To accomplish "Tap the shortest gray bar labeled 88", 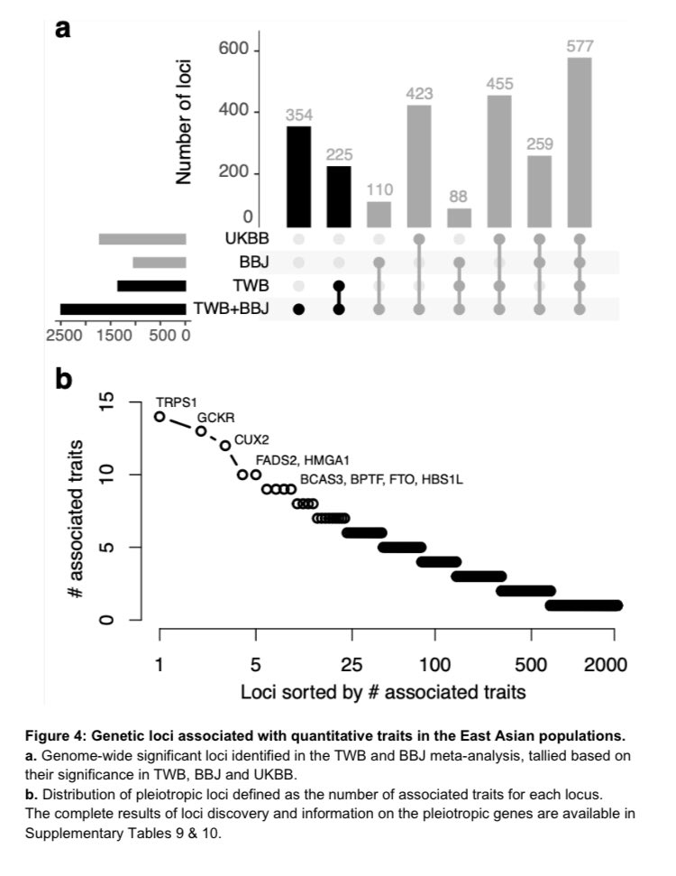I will point(460,217).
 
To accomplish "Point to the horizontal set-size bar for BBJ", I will point(160,263).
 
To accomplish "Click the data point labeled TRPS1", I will point(160,417).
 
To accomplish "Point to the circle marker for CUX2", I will point(224,446).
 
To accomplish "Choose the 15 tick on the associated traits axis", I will point(107,401).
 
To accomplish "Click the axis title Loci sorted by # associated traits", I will point(383,693).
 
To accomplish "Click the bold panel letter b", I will point(63,379).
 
